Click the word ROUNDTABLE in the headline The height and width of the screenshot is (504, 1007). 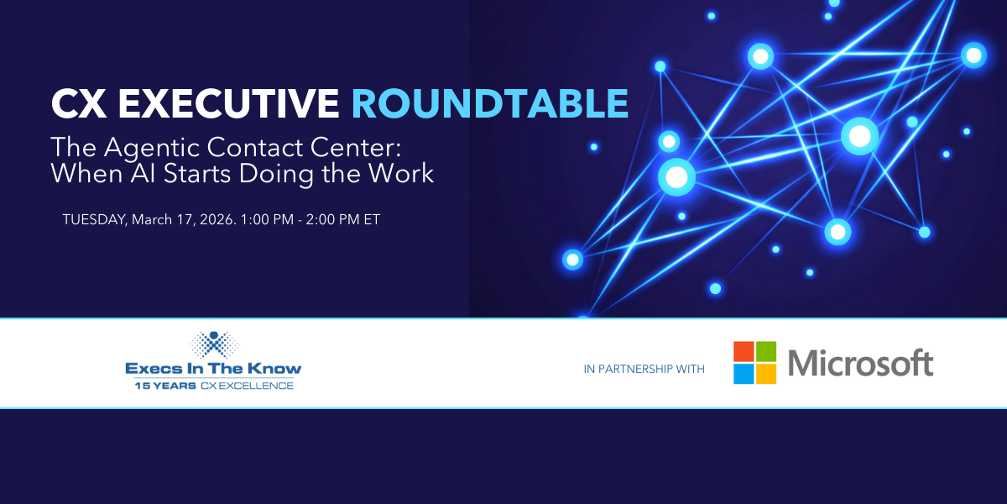coord(490,103)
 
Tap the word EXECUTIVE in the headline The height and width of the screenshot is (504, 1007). coord(228,103)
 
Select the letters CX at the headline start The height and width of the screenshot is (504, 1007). coord(79,103)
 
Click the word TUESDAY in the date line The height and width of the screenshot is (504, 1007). coord(94,220)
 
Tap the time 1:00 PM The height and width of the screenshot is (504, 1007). coord(267,219)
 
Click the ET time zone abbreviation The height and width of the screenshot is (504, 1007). coord(372,219)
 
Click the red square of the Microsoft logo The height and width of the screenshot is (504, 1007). coord(744,351)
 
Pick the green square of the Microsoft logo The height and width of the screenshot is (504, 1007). coord(766,351)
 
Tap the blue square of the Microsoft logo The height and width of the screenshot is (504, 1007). coord(744,374)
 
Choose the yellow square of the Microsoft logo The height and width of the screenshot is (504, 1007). coord(766,374)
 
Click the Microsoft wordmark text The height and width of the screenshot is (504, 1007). coord(861,363)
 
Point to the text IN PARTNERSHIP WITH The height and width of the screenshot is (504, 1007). coord(644,369)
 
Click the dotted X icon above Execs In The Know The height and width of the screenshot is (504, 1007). coord(213,344)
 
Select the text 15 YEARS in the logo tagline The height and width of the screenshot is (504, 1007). coord(165,386)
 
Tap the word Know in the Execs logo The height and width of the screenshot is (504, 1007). coord(274,369)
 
